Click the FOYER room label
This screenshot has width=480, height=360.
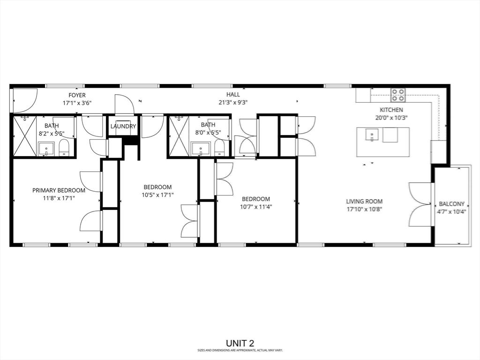[x=77, y=95]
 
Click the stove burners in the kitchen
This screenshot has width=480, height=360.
[x=398, y=95]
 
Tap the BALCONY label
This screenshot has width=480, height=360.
[x=451, y=204]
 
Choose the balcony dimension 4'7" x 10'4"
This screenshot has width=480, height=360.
[x=451, y=212]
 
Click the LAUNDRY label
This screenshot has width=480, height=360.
[x=123, y=126]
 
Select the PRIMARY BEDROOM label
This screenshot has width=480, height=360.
[x=59, y=190]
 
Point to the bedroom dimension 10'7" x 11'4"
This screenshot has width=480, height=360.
[x=256, y=206]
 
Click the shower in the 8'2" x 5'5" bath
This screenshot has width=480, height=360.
[x=24, y=136]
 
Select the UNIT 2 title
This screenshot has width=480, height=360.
[x=240, y=343]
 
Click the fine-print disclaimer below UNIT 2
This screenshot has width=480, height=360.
[x=240, y=350]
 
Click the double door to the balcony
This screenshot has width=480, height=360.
[x=420, y=204]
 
